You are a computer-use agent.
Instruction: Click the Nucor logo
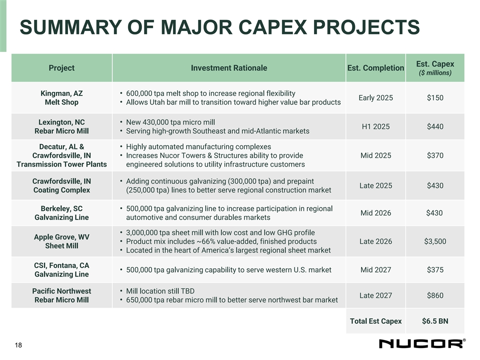click(x=421, y=343)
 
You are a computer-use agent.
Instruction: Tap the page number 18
click(x=18, y=345)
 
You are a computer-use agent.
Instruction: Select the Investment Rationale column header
click(x=229, y=68)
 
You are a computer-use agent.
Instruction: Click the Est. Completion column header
click(x=375, y=68)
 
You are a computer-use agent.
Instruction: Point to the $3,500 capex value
click(x=434, y=241)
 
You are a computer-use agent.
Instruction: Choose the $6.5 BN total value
click(x=434, y=321)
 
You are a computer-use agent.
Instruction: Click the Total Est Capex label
click(x=375, y=321)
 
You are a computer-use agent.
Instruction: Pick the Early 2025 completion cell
click(x=375, y=97)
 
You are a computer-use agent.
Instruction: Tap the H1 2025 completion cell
click(x=375, y=126)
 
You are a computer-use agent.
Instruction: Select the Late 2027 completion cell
click(x=375, y=295)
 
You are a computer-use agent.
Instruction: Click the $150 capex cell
click(x=434, y=97)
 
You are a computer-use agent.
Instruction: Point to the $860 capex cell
click(x=434, y=295)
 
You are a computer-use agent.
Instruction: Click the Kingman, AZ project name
click(x=61, y=93)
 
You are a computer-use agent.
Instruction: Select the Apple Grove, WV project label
click(x=61, y=237)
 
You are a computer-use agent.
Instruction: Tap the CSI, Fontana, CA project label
click(x=61, y=265)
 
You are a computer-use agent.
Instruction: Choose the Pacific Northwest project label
click(x=61, y=291)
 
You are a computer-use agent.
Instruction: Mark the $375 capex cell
click(x=434, y=270)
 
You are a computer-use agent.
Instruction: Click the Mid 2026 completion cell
click(x=375, y=213)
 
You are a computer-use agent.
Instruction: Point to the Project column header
click(x=61, y=68)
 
